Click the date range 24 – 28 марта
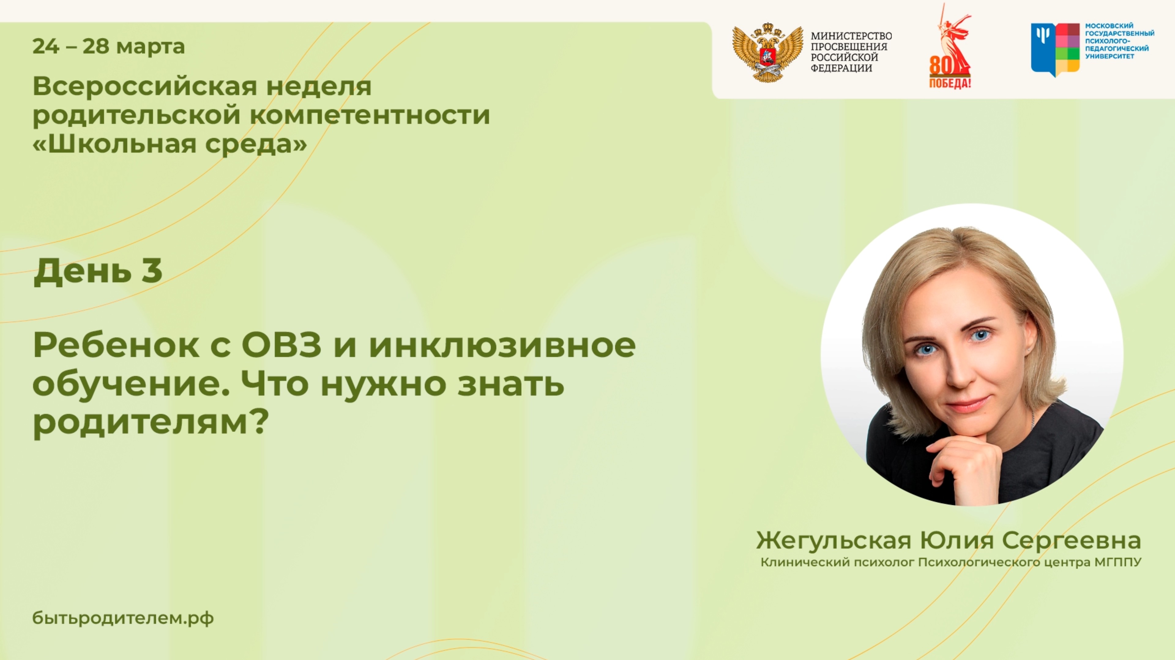tap(109, 47)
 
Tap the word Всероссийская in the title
tap(145, 86)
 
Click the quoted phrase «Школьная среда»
tap(170, 144)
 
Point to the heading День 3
tap(98, 271)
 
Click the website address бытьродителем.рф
tap(123, 618)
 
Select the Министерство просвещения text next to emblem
tap(851, 51)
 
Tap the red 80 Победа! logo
tap(950, 50)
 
